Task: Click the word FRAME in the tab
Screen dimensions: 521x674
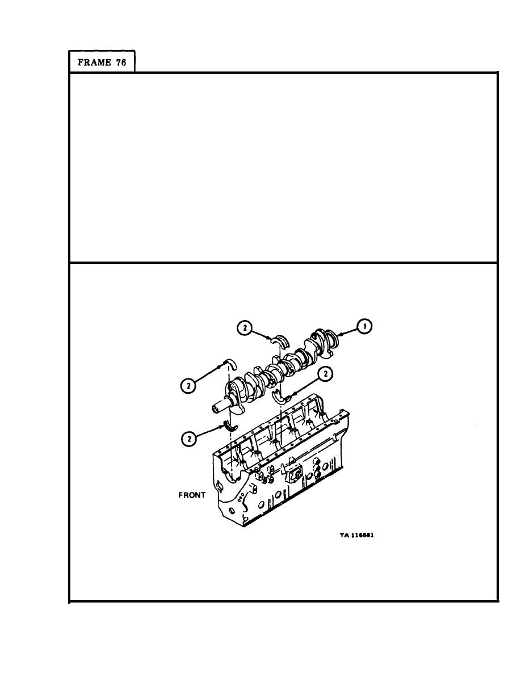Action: coord(94,62)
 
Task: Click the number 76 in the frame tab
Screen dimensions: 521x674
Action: coord(121,62)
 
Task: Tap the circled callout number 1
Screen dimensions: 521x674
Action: coord(365,326)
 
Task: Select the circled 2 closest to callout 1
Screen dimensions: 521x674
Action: coord(244,328)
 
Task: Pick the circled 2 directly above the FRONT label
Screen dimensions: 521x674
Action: coord(189,439)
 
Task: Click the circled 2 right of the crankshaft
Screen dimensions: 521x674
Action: coord(325,374)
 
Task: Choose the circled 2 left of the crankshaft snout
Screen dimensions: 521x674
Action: coord(187,386)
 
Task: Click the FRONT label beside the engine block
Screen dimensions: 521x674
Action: coord(192,495)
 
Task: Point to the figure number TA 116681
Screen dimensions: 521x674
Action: coord(356,535)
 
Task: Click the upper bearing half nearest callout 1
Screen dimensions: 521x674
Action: coord(280,340)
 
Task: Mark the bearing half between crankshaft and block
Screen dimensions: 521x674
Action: coord(283,397)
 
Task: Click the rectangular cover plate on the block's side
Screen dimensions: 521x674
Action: coord(295,474)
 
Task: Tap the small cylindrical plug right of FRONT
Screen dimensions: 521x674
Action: coord(253,488)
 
